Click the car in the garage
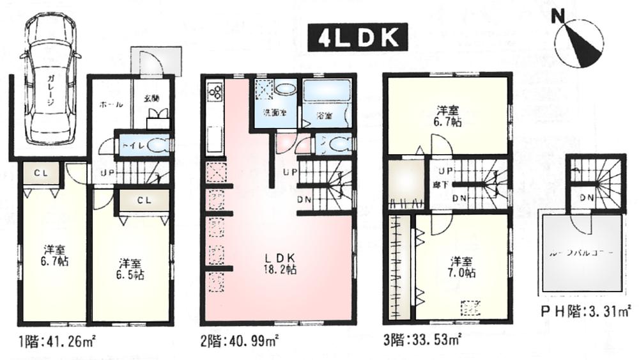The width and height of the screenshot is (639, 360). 50,81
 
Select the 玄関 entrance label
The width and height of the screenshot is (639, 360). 151,98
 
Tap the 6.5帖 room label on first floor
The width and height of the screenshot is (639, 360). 130,269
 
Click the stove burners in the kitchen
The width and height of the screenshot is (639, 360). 215,92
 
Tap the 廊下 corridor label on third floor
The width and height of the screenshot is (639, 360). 440,184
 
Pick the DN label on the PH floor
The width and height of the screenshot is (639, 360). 584,197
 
